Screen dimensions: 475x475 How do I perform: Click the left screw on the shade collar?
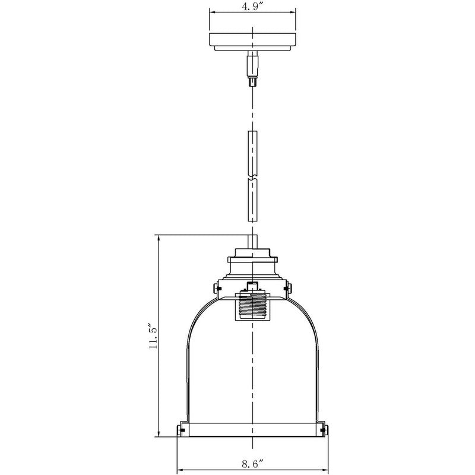217,289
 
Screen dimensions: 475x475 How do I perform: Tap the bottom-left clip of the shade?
182,429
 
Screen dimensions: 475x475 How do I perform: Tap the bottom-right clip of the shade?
324,429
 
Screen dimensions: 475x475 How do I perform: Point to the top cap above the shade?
254,259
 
